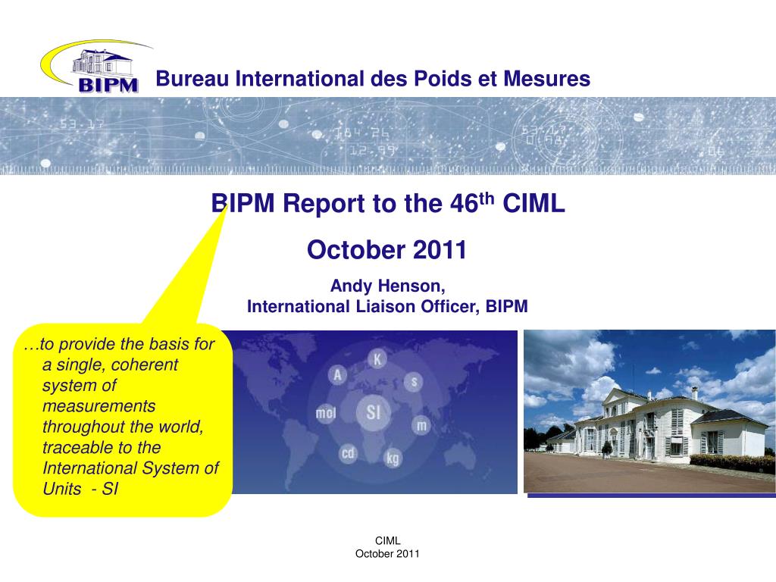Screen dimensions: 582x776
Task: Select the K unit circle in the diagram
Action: (377, 358)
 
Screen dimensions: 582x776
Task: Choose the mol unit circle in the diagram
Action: (326, 414)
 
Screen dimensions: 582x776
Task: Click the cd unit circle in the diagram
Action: (348, 453)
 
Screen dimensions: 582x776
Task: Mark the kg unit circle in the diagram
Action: (393, 458)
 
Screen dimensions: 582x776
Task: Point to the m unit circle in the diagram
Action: (421, 426)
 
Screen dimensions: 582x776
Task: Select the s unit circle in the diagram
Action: (414, 381)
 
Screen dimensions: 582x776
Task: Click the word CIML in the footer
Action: (387, 540)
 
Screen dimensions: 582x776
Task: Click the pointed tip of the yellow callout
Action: (226, 205)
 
